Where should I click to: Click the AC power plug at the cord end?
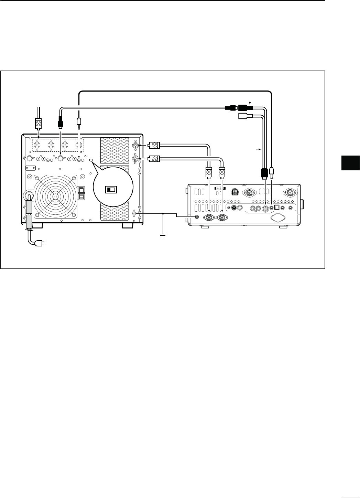click(41, 244)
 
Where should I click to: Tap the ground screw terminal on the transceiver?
click(197, 217)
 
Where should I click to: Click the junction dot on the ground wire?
click(163, 213)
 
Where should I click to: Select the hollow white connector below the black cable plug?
click(246, 116)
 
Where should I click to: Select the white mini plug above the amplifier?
click(79, 121)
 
